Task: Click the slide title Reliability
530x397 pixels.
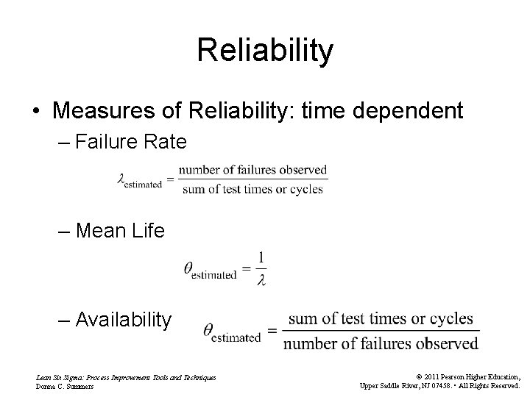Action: pos(265,51)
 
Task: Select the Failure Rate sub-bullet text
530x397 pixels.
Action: pos(130,141)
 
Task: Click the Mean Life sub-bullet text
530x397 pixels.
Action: pos(120,231)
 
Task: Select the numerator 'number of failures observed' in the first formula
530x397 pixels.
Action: pos(252,170)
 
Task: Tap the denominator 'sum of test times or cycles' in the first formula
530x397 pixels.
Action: pos(252,189)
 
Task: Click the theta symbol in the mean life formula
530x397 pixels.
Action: pos(188,268)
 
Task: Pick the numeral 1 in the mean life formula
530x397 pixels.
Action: pos(261,258)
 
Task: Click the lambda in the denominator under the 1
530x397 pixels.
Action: pos(261,280)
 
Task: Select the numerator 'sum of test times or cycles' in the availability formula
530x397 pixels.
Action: pos(380,319)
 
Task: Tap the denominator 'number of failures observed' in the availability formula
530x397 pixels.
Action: pos(380,343)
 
